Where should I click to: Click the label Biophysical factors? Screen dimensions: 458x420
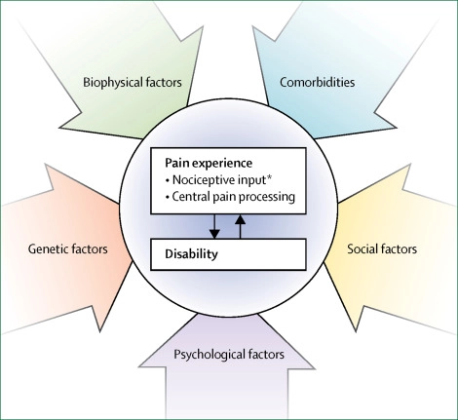point(133,82)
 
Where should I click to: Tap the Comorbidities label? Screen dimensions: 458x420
point(317,82)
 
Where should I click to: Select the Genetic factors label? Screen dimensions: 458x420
point(67,248)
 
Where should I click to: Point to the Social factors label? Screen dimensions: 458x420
point(382,248)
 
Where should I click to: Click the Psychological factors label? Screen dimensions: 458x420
point(229,354)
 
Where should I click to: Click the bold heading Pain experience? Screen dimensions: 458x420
point(209,163)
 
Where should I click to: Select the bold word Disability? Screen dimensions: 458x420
point(191,253)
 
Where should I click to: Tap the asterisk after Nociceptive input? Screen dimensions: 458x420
point(269,177)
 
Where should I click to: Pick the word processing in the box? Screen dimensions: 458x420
point(269,197)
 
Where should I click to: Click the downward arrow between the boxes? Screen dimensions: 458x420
point(214,226)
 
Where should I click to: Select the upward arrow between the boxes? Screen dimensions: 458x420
point(240,226)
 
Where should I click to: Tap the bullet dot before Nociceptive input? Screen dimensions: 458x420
point(168,180)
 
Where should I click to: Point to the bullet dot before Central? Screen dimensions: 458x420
point(168,197)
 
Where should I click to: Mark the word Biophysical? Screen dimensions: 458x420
point(112,83)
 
